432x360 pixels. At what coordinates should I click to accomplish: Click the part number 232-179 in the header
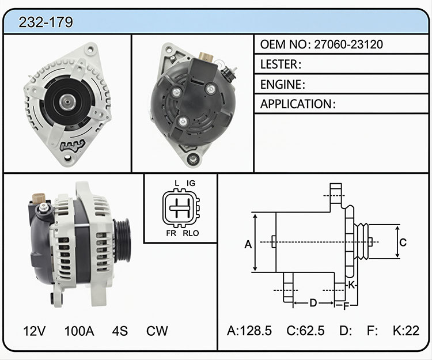click(46, 22)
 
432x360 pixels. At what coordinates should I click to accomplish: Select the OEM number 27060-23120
click(348, 44)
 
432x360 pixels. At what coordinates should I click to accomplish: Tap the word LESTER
click(279, 64)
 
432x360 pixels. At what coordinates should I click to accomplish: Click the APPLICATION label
click(296, 104)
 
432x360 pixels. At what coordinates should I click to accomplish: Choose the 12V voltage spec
click(34, 331)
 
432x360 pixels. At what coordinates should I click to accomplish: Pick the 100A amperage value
click(79, 331)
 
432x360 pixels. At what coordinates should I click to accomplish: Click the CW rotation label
click(157, 331)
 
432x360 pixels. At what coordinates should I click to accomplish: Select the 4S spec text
click(120, 331)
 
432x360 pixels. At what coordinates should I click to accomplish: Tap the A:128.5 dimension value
click(249, 331)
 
